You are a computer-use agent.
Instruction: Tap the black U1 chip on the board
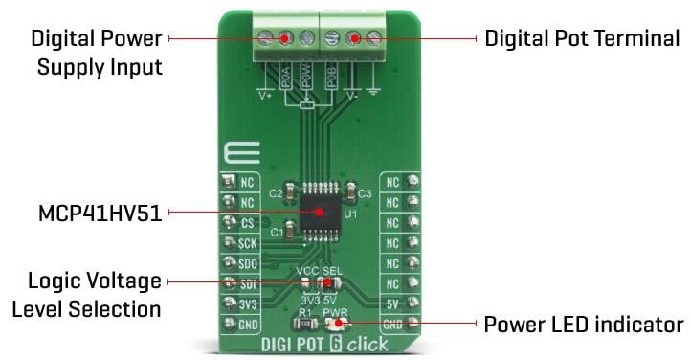pyautogui.click(x=320, y=208)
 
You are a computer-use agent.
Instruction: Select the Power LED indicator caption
pyautogui.click(x=584, y=324)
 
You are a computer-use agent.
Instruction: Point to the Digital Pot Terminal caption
pyautogui.click(x=582, y=38)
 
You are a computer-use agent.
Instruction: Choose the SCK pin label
pyautogui.click(x=247, y=243)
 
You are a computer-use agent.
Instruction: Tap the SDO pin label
pyautogui.click(x=247, y=263)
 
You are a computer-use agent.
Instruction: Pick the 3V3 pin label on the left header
pyautogui.click(x=247, y=304)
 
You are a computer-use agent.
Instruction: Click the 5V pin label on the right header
pyautogui.click(x=393, y=304)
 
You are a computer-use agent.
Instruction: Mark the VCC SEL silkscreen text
pyautogui.click(x=319, y=270)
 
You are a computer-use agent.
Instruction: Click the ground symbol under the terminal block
pyautogui.click(x=373, y=97)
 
